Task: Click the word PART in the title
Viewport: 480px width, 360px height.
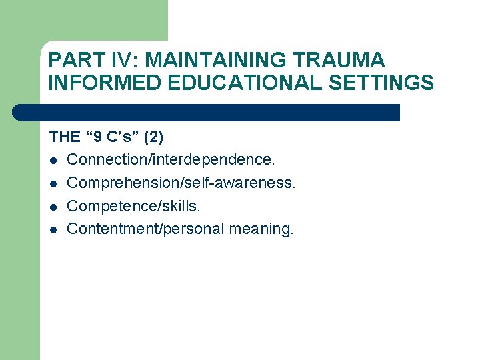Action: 75,60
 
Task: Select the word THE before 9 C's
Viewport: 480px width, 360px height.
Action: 64,137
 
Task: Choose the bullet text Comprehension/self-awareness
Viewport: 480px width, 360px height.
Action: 181,183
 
